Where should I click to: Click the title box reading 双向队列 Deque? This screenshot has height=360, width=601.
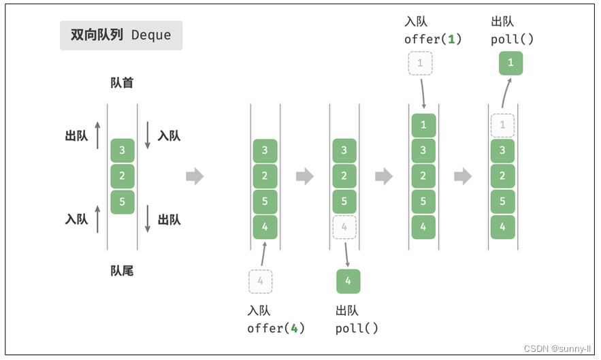tap(121, 35)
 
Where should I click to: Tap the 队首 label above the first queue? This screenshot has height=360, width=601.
tap(122, 83)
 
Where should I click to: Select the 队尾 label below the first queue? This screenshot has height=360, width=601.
tap(122, 271)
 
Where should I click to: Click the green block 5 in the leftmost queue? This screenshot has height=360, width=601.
tap(123, 202)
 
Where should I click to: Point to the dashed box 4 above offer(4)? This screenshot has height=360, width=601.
tap(261, 281)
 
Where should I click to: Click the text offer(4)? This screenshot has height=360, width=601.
tap(276, 328)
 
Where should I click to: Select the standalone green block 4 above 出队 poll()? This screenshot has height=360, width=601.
tap(348, 281)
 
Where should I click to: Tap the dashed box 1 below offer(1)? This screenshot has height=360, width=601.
tap(420, 63)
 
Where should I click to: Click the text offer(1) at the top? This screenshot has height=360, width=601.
tap(433, 39)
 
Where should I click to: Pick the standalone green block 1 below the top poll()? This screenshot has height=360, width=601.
tap(510, 63)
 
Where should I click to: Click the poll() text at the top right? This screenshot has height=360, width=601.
tap(512, 39)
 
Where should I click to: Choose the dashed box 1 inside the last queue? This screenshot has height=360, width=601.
tap(502, 125)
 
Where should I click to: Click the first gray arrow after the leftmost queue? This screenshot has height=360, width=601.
tap(195, 176)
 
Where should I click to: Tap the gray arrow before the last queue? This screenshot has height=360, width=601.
tap(463, 176)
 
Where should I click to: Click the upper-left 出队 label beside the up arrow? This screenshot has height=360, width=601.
tap(76, 135)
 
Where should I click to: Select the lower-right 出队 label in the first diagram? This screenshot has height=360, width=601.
tap(169, 219)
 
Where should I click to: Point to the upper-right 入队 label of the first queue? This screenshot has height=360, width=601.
tap(169, 135)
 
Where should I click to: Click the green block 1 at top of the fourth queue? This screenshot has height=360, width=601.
tap(423, 125)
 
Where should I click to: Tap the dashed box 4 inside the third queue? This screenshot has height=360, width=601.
tap(344, 227)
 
